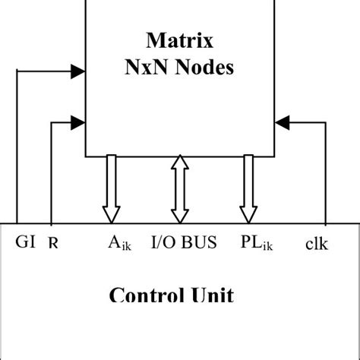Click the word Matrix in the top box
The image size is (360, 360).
[x=179, y=39]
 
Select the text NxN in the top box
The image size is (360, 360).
[x=145, y=67]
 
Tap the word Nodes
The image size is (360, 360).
[x=201, y=67]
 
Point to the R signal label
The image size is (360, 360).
[x=52, y=244]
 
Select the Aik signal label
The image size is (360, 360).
[x=119, y=244]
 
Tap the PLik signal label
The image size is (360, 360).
[x=254, y=244]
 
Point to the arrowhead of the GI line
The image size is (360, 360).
[x=77, y=72]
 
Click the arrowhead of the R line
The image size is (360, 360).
[x=77, y=120]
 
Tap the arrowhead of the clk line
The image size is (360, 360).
[x=282, y=120]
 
